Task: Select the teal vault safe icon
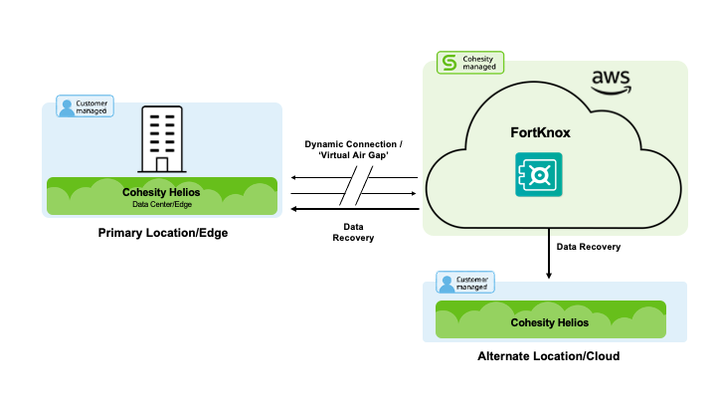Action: (x=537, y=176)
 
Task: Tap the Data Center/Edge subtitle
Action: (x=162, y=204)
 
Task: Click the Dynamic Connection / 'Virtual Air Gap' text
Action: (x=353, y=151)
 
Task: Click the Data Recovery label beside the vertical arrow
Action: (x=588, y=246)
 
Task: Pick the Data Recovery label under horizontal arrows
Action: (x=353, y=232)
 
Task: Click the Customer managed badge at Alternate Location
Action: (x=464, y=283)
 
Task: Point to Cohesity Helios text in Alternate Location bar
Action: (x=549, y=322)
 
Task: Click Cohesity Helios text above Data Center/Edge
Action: (x=162, y=192)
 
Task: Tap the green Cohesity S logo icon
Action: (x=448, y=63)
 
